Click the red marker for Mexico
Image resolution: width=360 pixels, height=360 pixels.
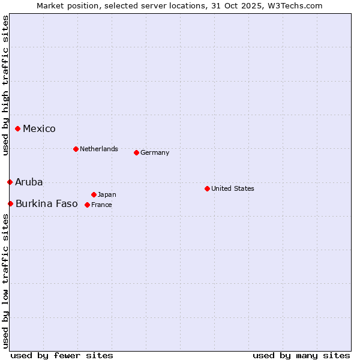coord(18,128)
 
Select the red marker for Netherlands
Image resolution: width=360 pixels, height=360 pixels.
coord(76,149)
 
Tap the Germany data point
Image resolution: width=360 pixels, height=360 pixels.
coord(136,152)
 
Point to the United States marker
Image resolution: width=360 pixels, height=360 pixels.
coord(207,188)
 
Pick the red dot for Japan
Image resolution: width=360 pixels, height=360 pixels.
coord(94,194)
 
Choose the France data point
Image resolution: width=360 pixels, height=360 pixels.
coord(87,205)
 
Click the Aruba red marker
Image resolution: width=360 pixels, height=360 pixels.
coord(10,182)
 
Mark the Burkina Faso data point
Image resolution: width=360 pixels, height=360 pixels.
coord(10,203)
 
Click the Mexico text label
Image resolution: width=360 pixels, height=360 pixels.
coord(39,128)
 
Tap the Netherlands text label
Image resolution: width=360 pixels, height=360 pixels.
coord(98,149)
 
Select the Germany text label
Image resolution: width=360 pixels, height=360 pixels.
coord(155,152)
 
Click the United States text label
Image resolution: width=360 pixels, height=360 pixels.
coord(232,188)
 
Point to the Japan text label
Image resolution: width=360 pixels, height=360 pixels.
coord(107,194)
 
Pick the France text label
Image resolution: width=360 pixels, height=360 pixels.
coord(101,205)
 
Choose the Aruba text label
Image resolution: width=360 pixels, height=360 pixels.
coord(29,182)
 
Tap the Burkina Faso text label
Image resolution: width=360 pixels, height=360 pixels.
coord(47,203)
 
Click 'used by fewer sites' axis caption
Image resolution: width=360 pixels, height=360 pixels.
coord(62,355)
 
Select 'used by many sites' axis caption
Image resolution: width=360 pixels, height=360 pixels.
coord(301,355)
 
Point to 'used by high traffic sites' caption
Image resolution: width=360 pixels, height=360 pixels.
coord(5,86)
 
